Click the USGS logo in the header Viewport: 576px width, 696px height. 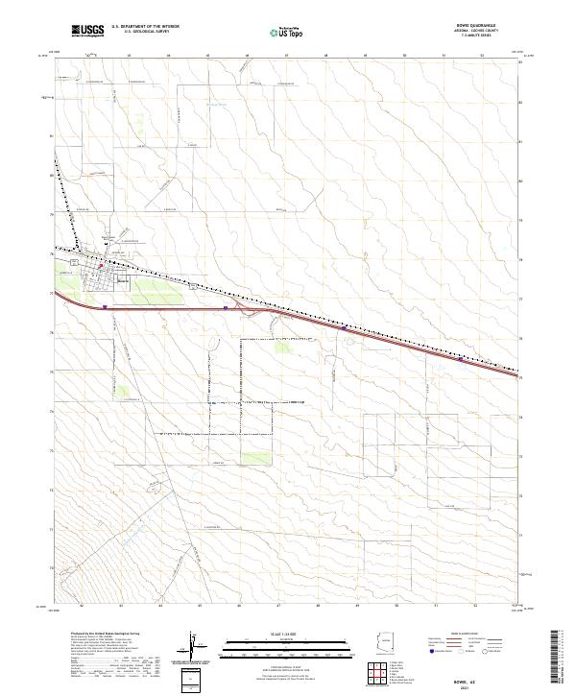pos(86,31)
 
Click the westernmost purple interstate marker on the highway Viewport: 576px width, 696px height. pos(104,308)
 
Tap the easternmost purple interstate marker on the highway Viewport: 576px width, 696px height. pos(462,360)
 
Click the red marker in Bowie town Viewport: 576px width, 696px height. pos(99,255)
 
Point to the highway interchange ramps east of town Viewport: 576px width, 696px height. pos(252,309)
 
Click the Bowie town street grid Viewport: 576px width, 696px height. pos(99,279)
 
